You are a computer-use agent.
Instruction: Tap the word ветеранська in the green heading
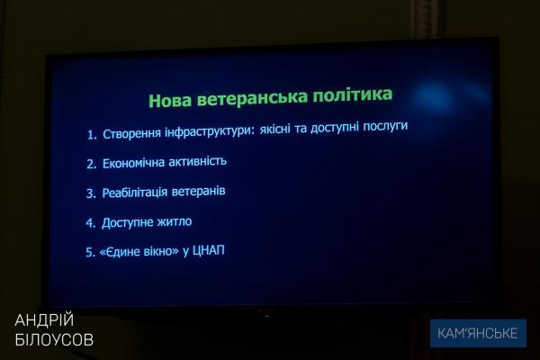click(252, 98)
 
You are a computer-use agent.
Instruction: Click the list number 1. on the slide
click(92, 135)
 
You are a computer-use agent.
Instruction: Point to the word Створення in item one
click(132, 134)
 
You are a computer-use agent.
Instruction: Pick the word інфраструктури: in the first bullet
click(210, 131)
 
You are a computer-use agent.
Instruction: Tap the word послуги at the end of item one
click(385, 126)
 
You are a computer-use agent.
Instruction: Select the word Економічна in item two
click(133, 163)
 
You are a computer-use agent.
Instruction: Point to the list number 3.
click(91, 193)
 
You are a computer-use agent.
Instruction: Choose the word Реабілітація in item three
click(135, 193)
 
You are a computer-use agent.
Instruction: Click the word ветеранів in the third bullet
click(198, 191)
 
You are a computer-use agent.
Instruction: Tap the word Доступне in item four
click(127, 223)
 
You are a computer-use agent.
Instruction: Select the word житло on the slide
click(175, 221)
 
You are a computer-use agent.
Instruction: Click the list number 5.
click(90, 253)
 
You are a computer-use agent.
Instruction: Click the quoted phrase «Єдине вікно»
click(139, 251)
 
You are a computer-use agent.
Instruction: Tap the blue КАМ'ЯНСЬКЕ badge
click(478, 333)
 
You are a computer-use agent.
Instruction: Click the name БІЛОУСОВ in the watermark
click(54, 339)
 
